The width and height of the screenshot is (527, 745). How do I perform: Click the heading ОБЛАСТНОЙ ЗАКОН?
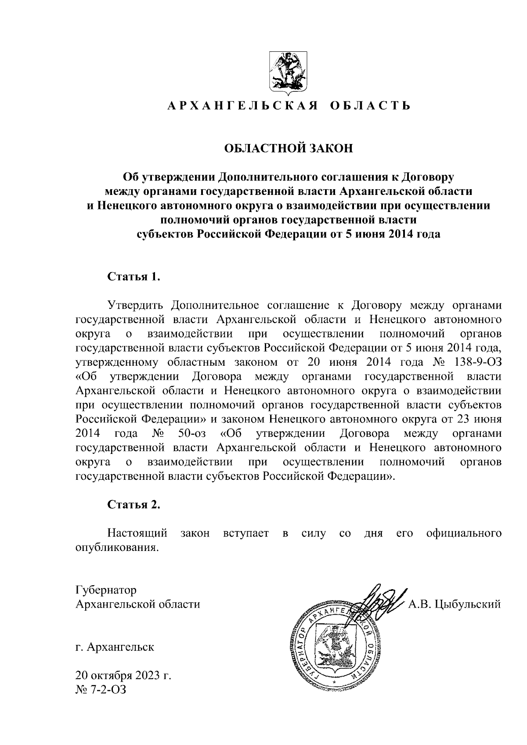pyautogui.click(x=289, y=148)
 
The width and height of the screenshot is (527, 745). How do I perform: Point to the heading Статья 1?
pyautogui.click(x=133, y=277)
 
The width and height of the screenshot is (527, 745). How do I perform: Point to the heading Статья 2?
pyautogui.click(x=134, y=504)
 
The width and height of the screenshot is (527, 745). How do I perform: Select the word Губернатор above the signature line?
pyautogui.click(x=106, y=590)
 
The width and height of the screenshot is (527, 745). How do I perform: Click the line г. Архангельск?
pyautogui.click(x=115, y=647)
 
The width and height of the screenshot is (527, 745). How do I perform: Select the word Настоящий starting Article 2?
pyautogui.click(x=137, y=533)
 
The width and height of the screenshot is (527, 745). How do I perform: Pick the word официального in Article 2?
pyautogui.click(x=464, y=533)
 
